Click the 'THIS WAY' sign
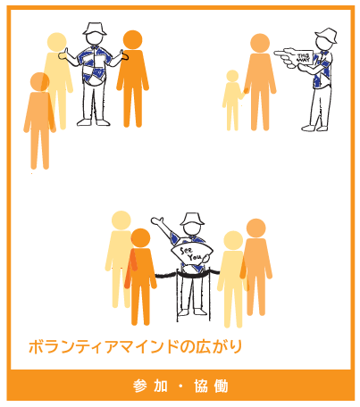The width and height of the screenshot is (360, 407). click(302, 58)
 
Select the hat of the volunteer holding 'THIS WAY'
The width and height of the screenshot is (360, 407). click(327, 37)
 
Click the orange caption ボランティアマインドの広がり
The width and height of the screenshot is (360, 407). click(135, 345)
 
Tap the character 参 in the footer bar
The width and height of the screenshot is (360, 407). click(140, 386)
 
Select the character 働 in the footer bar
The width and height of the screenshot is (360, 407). click(222, 386)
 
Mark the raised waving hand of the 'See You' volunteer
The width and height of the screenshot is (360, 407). click(156, 220)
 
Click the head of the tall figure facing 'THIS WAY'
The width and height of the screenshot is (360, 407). click(259, 43)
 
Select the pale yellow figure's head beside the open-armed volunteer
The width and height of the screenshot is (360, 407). click(57, 42)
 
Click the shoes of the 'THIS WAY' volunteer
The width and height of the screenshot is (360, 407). click(316, 129)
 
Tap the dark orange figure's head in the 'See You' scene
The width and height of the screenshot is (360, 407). click(140, 239)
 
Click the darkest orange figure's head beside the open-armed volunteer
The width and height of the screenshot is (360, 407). click(132, 40)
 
